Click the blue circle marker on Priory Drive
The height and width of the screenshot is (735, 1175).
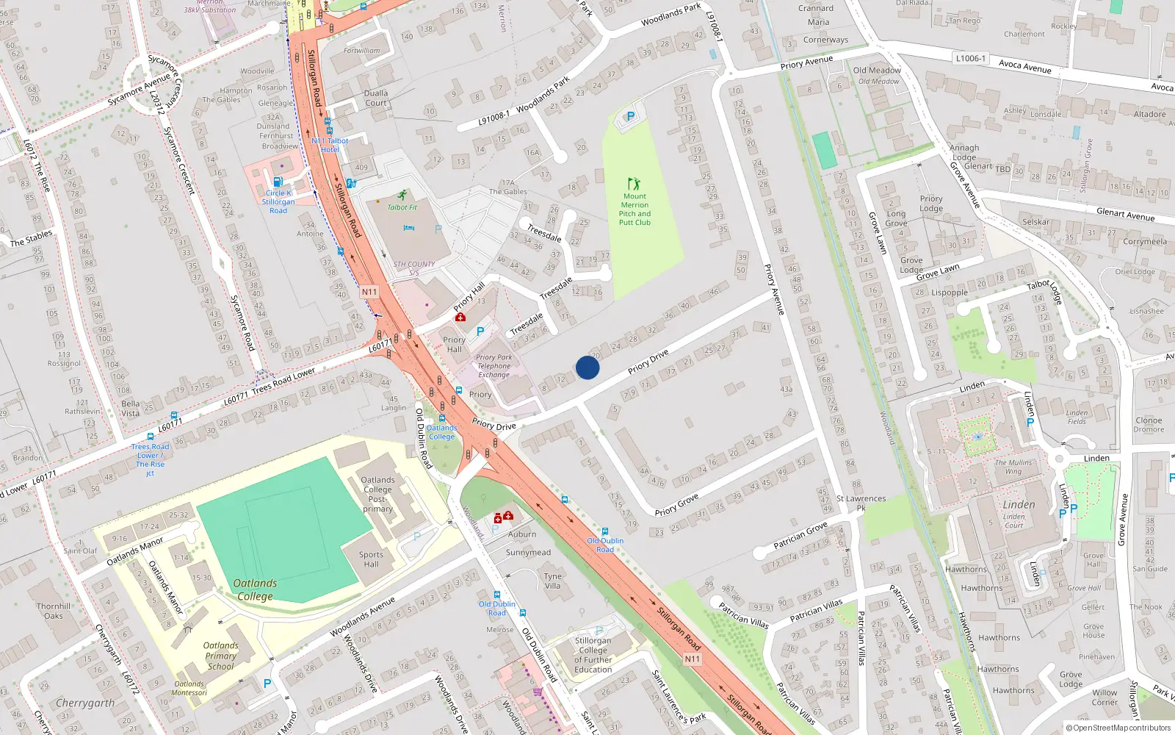[587, 367]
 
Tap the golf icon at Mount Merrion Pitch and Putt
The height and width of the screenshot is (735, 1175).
[634, 183]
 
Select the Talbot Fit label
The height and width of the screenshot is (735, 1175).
[402, 207]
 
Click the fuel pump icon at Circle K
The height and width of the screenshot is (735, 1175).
[278, 182]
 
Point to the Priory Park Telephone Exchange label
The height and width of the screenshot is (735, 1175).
[493, 366]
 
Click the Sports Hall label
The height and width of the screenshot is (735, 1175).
[371, 559]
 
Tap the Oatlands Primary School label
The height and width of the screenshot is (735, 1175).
[220, 656]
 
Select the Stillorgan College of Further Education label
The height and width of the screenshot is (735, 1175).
[593, 655]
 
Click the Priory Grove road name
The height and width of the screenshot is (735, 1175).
[676, 505]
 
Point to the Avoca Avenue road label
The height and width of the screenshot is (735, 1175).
[1024, 67]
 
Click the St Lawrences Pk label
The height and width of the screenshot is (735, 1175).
[861, 503]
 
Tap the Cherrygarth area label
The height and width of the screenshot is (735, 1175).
[85, 703]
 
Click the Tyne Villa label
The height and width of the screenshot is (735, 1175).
[552, 581]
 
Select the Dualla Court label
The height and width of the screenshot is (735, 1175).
[376, 98]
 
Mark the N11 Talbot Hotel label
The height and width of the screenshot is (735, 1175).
[330, 145]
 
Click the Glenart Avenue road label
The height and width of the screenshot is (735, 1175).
[1125, 215]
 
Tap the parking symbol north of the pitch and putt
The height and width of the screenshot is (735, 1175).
[630, 116]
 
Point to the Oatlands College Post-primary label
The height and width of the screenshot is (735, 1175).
[377, 494]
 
